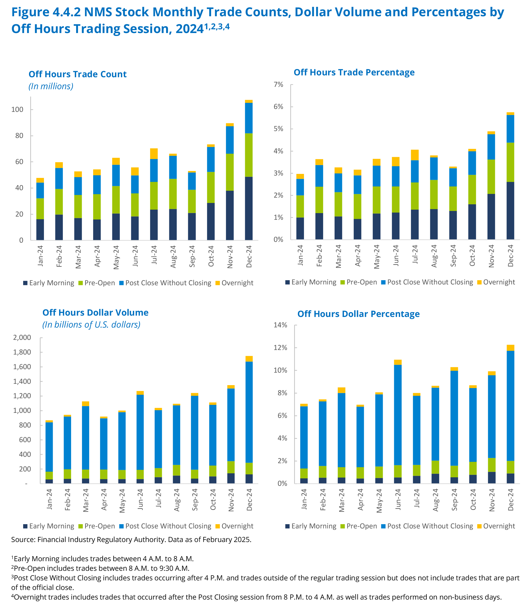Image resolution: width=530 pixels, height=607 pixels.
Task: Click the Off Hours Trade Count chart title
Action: click(77, 74)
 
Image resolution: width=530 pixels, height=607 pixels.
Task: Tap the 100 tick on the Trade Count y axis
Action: click(17, 109)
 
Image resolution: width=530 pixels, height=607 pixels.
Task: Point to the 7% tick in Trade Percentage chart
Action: click(278, 85)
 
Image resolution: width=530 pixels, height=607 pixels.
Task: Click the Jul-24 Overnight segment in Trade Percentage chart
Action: click(415, 155)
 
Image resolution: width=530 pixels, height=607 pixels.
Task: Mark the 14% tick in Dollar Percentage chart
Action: click(280, 325)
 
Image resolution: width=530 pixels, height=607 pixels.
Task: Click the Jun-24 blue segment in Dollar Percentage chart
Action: click(398, 415)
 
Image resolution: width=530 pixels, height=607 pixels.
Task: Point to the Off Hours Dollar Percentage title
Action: click(359, 314)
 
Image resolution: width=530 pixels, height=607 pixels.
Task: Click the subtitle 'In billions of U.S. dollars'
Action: click(91, 325)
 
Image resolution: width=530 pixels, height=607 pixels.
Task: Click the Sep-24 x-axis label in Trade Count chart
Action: click(192, 256)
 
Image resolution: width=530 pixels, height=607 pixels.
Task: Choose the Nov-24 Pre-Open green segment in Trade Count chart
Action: click(230, 172)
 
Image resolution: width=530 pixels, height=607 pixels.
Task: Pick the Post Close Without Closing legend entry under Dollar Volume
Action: click(168, 526)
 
